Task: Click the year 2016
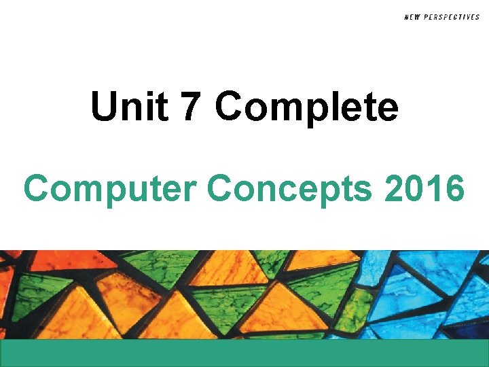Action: (x=424, y=189)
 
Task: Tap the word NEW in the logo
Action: (x=412, y=17)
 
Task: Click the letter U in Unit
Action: (x=104, y=107)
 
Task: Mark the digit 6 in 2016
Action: (x=453, y=189)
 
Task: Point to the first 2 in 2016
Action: (x=395, y=189)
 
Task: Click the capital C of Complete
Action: (x=232, y=107)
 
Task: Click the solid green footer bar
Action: (x=244, y=353)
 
